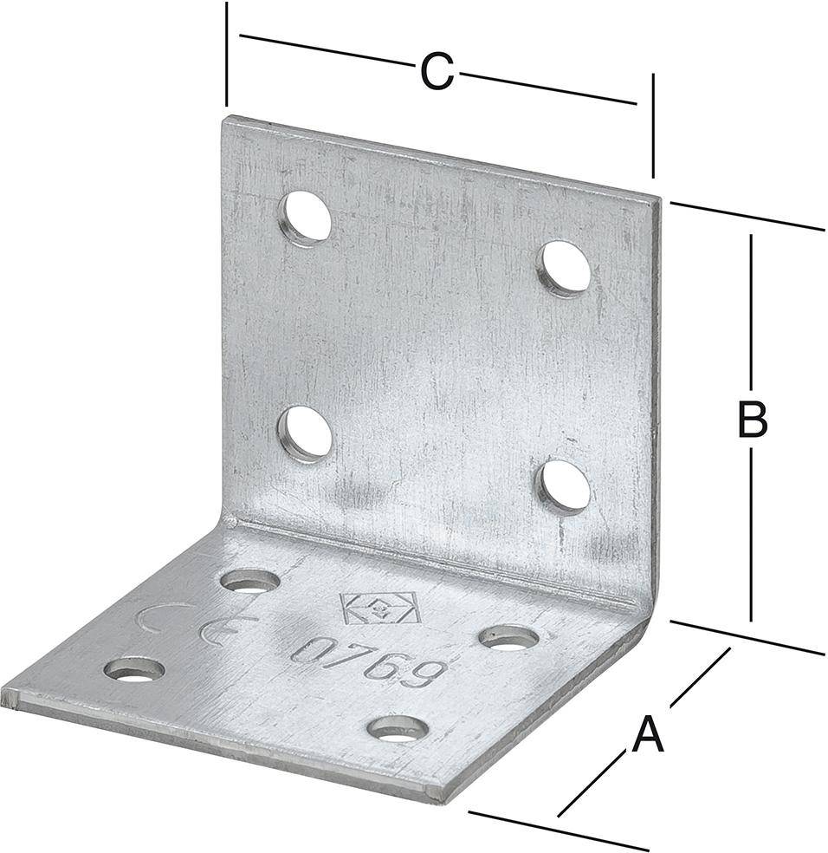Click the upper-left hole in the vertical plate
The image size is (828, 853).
(x=306, y=218)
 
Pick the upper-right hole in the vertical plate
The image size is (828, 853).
(x=565, y=268)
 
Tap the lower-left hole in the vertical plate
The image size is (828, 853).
(x=307, y=433)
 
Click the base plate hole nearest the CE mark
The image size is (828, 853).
(x=250, y=581)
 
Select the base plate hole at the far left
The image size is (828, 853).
(x=134, y=669)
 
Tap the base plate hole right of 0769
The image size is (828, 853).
(x=509, y=637)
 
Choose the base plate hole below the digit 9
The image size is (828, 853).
(x=398, y=728)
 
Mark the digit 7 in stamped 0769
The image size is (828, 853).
(x=347, y=656)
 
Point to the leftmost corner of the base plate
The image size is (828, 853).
(x=3, y=694)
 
